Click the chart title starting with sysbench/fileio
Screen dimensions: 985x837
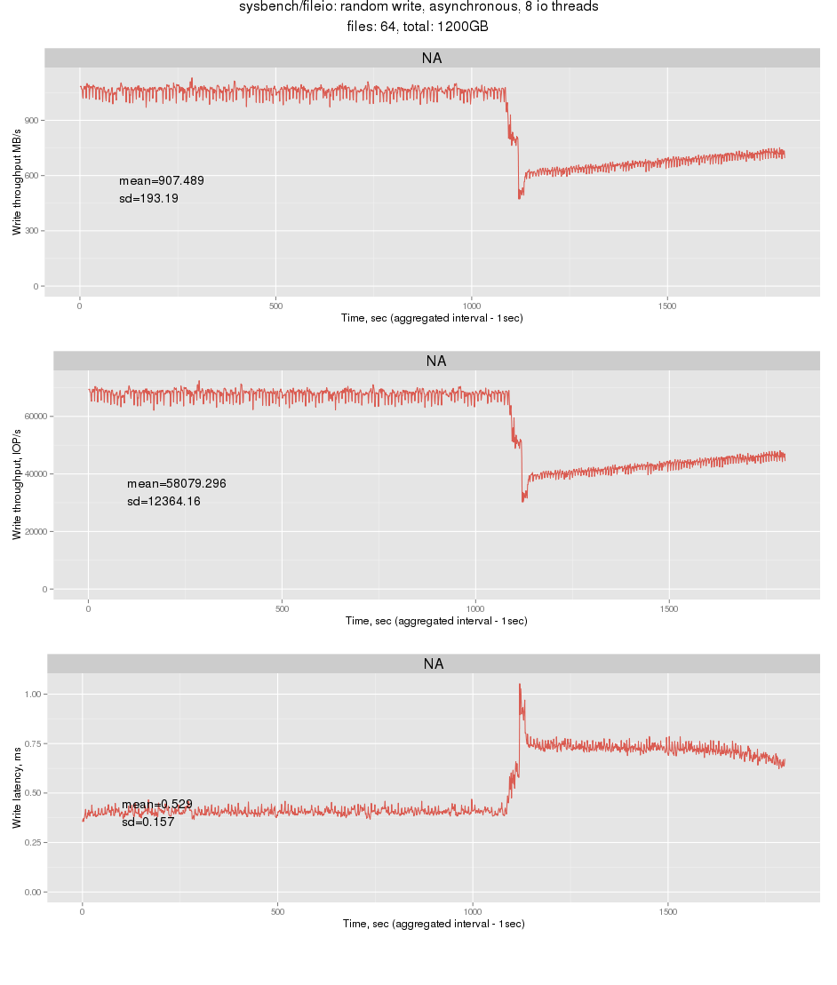(x=418, y=7)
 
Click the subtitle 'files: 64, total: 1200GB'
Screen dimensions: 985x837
(x=418, y=27)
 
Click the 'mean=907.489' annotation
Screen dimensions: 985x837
(x=162, y=181)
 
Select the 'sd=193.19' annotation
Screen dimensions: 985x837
(x=149, y=199)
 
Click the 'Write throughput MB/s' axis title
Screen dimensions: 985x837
(x=16, y=182)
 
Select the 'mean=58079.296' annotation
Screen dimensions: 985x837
(x=177, y=484)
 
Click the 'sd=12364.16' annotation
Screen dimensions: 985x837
(x=164, y=502)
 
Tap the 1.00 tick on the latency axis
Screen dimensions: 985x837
(x=33, y=694)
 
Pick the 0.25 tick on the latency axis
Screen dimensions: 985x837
(x=33, y=842)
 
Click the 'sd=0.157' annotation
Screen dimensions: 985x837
(x=147, y=822)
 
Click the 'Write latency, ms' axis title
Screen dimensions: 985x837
(x=16, y=790)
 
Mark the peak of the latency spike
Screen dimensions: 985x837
(x=520, y=685)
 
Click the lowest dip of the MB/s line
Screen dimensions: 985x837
(x=520, y=197)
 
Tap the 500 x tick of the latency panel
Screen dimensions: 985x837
(x=277, y=911)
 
